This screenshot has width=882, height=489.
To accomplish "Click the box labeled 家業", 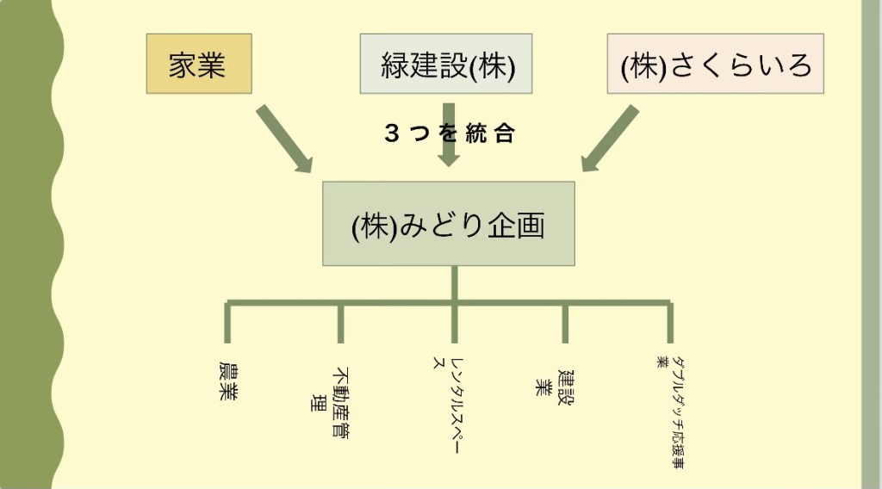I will click(x=199, y=64).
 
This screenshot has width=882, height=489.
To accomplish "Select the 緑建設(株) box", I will click(x=445, y=64).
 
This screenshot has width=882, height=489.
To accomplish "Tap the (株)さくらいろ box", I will click(x=715, y=64).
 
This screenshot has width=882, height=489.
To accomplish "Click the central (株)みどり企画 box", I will click(x=448, y=224).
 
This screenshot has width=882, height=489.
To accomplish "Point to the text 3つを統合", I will click(x=449, y=133).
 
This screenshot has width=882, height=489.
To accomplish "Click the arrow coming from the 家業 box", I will click(x=285, y=139).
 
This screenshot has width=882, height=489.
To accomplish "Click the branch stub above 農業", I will click(x=227, y=324).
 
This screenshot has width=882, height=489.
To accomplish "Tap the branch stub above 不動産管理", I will click(x=340, y=324).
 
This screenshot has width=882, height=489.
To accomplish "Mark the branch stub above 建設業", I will click(x=565, y=324).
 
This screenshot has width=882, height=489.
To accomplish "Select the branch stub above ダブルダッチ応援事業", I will click(x=669, y=324).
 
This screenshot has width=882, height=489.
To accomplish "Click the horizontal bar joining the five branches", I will click(x=396, y=303).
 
